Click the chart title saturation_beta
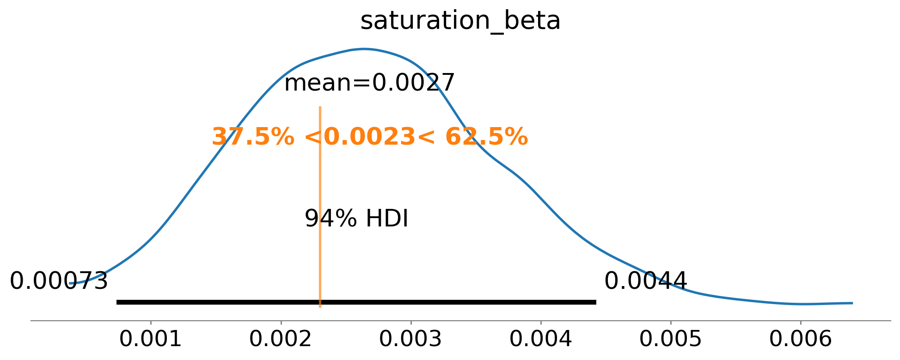(460, 21)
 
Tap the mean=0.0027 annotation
(369, 84)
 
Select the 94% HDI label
(356, 219)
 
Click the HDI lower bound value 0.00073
(59, 281)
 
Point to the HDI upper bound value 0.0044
(645, 281)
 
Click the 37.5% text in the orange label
(252, 137)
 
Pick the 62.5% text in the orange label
(486, 137)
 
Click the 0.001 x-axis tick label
(151, 340)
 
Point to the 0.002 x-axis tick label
(281, 340)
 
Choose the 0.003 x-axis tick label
(410, 340)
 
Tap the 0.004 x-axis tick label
(541, 340)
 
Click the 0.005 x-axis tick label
(671, 340)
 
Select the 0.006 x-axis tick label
(801, 340)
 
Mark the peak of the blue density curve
(364, 49)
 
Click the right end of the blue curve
(851, 303)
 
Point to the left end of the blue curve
(70, 283)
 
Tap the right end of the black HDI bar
(595, 302)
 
